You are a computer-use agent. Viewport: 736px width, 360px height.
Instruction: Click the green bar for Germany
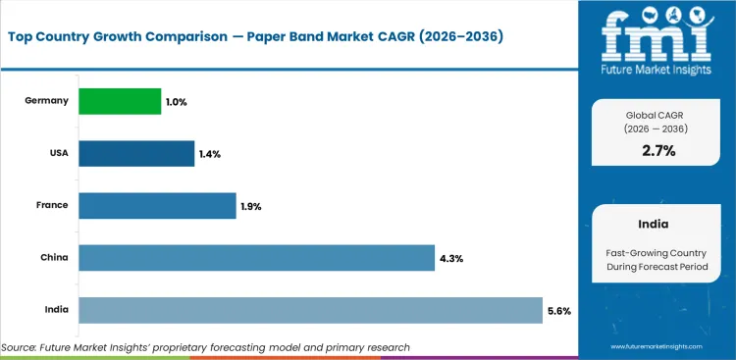120,101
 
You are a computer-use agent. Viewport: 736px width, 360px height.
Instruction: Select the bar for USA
136,153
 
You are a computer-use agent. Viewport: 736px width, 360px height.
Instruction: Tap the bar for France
157,205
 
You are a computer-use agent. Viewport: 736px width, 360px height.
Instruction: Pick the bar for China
256,258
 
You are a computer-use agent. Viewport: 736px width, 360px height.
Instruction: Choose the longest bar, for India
310,310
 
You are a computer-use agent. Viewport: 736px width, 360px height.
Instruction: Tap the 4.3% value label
451,258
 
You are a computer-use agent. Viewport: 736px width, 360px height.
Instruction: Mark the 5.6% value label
558,310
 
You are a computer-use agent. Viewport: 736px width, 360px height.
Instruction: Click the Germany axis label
47,101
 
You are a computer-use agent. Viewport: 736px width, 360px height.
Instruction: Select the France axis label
51,206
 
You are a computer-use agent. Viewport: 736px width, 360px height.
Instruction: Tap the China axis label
53,258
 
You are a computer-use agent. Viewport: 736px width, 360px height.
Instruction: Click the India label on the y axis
55,310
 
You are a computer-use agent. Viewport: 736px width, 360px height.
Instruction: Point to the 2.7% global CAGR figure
657,150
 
